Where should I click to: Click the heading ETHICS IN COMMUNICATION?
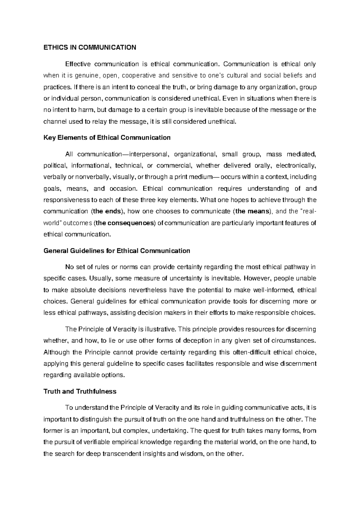(x=90, y=47)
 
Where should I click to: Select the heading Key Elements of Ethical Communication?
(x=107, y=138)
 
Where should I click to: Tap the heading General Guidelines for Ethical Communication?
(x=117, y=251)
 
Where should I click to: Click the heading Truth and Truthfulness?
(x=80, y=391)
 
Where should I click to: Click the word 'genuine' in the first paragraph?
(x=86, y=75)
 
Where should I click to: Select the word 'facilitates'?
(x=200, y=363)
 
